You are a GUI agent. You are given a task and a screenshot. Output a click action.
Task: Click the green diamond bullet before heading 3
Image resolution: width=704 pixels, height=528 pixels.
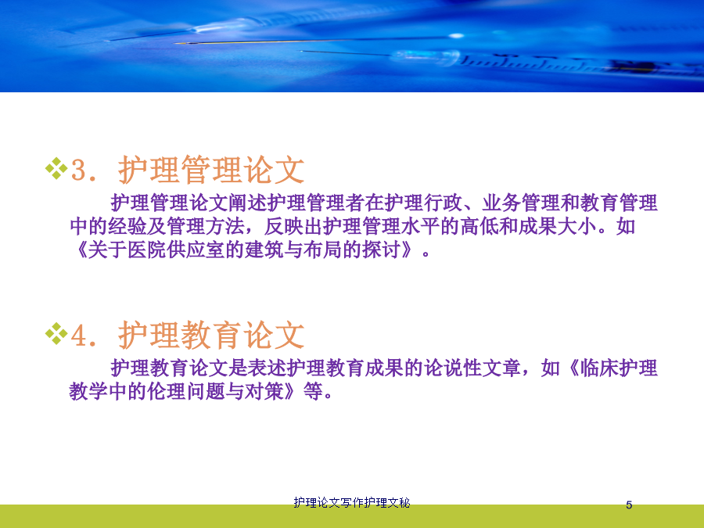[56, 168]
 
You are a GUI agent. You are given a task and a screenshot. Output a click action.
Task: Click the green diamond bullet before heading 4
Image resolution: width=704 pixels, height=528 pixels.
[56, 333]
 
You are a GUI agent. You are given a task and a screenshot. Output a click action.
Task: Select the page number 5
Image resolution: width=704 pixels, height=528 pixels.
[629, 505]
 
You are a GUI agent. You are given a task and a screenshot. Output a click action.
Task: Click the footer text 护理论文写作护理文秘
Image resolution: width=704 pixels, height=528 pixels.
[352, 502]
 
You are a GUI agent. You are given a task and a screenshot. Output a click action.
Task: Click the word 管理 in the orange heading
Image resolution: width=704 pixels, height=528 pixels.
[211, 170]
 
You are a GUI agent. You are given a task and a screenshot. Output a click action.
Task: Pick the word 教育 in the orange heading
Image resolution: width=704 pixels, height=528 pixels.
[211, 335]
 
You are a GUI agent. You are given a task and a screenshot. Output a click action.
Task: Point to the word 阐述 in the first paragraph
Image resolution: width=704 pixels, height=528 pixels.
[247, 203]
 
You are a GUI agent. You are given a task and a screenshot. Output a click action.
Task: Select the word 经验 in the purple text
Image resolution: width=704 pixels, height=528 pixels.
[127, 226]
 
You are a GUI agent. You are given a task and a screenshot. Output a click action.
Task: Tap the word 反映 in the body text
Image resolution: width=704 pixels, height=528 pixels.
[284, 226]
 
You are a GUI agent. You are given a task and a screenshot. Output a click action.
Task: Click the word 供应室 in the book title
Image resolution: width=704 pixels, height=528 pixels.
[196, 250]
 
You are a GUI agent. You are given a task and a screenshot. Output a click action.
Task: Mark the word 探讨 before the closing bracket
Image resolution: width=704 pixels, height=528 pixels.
[382, 250]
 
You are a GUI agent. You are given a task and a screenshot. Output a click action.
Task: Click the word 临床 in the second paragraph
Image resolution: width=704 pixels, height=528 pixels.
[599, 368]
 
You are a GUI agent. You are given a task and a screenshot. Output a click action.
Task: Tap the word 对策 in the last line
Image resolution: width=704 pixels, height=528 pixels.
[264, 392]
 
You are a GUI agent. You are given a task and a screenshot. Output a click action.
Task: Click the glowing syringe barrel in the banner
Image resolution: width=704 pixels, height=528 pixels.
[426, 57]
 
